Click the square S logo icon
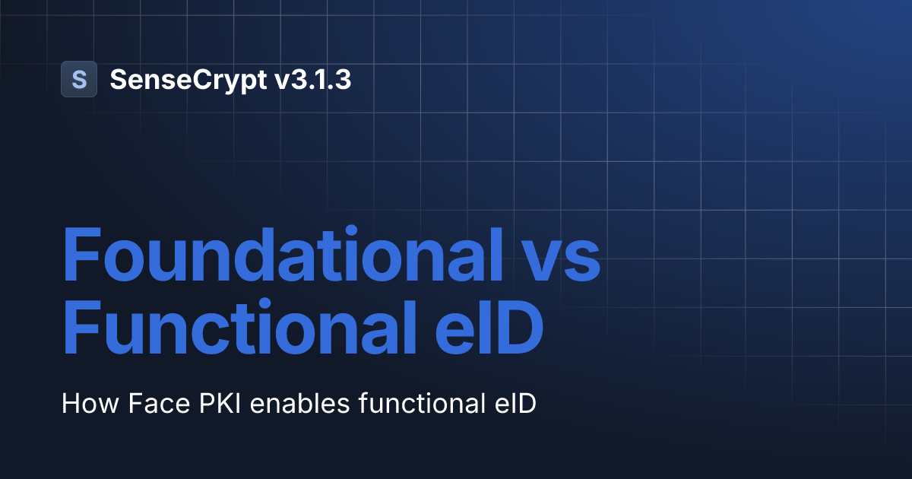79,79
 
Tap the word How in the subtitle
83,403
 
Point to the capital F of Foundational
81,254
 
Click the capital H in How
69,403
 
